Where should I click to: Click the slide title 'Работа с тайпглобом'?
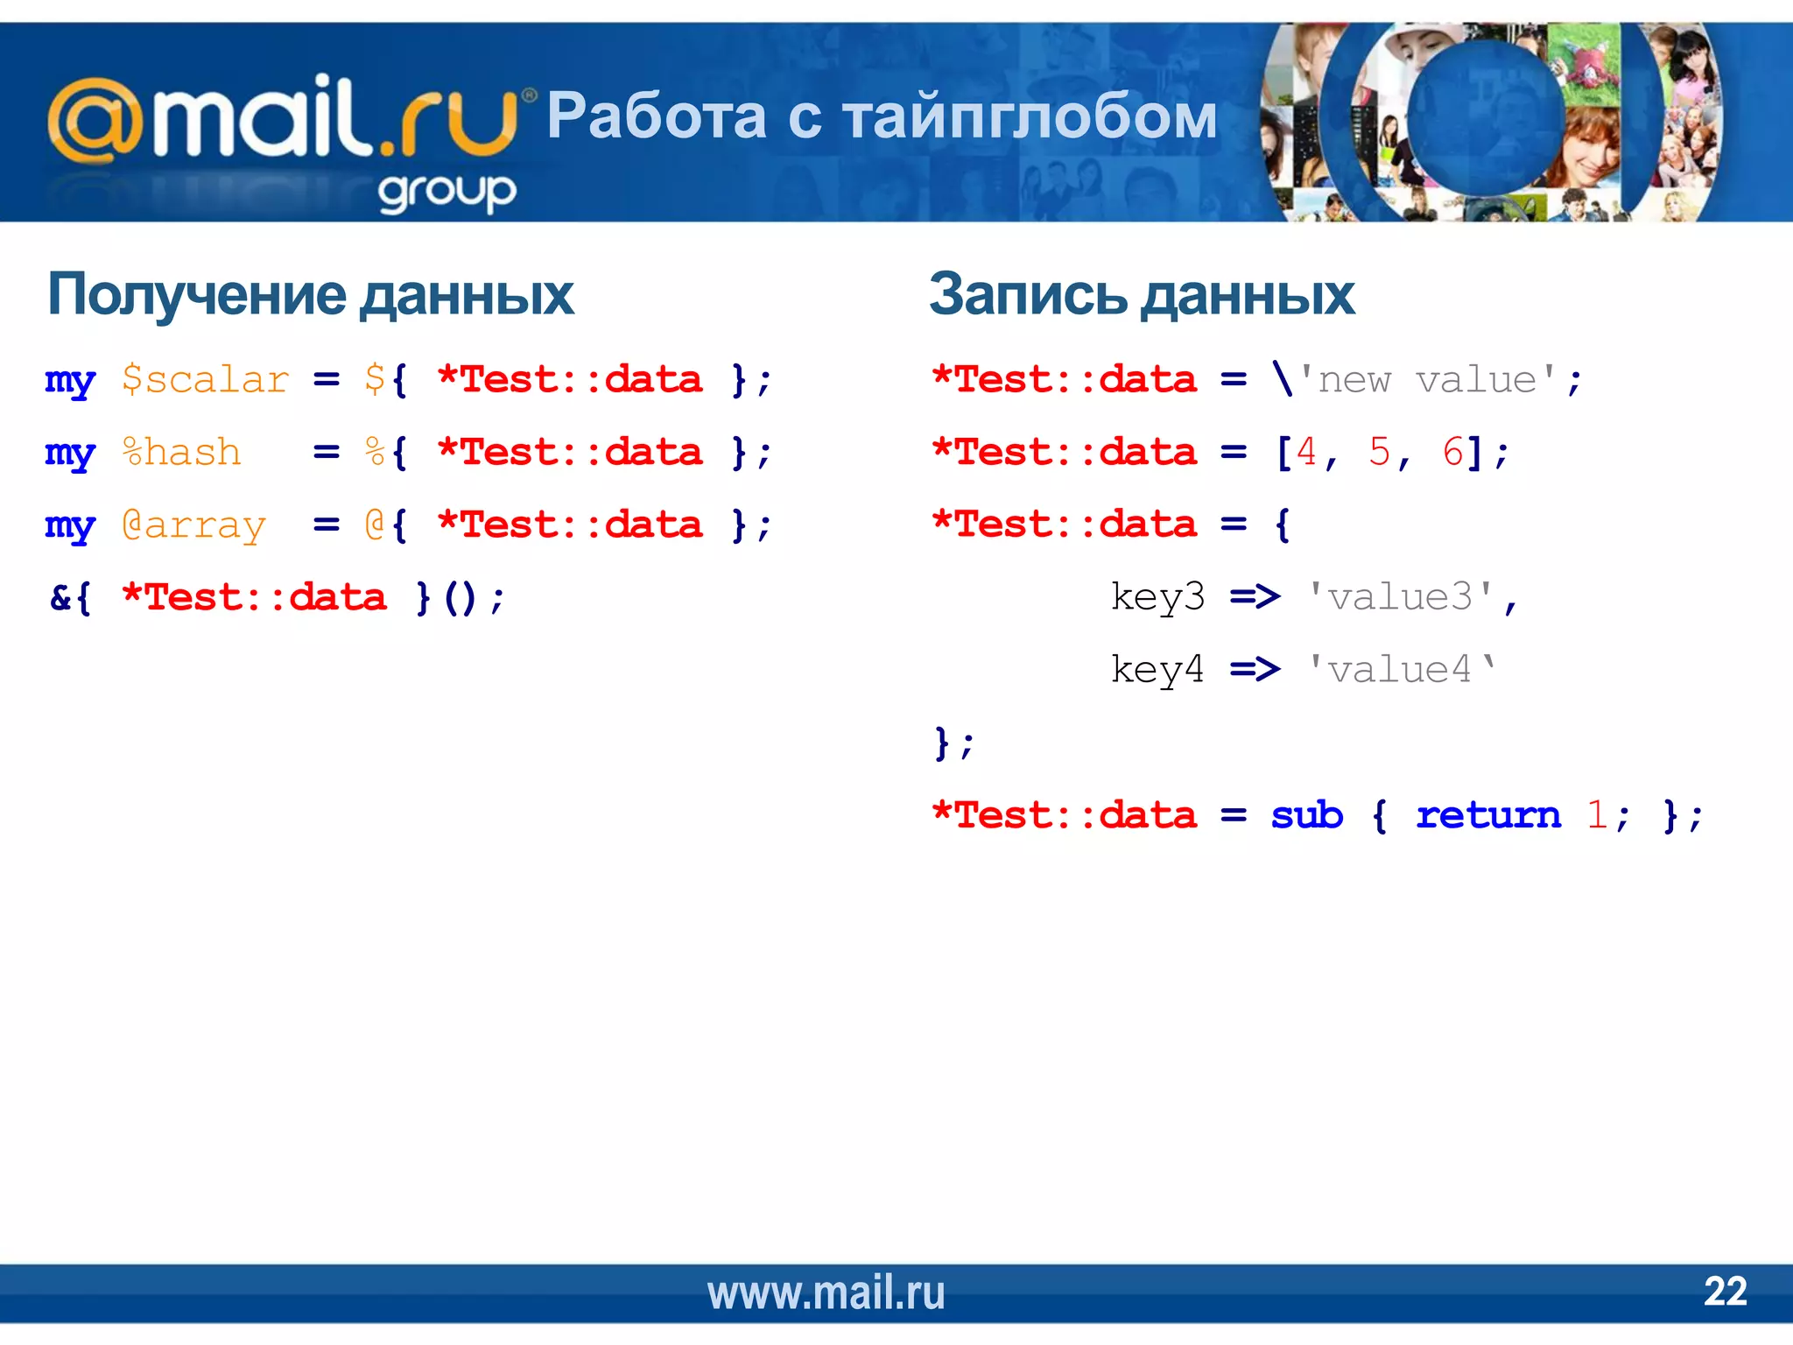click(882, 116)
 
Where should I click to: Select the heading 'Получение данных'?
click(311, 295)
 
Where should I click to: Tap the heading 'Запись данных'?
click(1142, 295)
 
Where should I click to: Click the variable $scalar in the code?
click(205, 380)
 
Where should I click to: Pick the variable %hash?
click(181, 453)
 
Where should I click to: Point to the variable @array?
click(193, 525)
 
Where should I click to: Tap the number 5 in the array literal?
click(1379, 453)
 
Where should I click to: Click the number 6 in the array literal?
click(1452, 453)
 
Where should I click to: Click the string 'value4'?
click(1401, 670)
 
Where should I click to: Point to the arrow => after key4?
click(1255, 670)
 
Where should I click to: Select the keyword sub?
click(1306, 815)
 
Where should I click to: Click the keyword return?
click(1488, 815)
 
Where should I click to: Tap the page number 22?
click(1725, 1292)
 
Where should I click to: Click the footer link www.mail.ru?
click(826, 1293)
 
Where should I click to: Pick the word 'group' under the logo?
click(447, 192)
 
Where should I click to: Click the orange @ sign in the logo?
click(95, 121)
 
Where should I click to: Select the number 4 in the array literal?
click(1306, 453)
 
